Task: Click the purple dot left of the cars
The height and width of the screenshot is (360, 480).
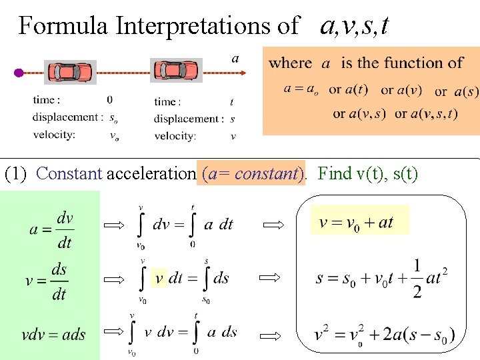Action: tap(19, 73)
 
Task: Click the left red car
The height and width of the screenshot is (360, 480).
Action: tap(70, 72)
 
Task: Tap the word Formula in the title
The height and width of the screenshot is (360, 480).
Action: tap(64, 26)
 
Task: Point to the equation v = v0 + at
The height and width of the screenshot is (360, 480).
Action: tap(356, 223)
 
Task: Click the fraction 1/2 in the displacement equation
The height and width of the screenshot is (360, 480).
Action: tap(417, 279)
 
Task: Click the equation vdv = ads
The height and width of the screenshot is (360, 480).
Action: tap(53, 335)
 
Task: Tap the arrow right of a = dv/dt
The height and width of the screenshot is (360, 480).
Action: tap(114, 226)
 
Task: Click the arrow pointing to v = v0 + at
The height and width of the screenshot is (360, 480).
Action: tap(273, 226)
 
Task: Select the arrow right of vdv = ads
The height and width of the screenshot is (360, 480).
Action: tap(114, 331)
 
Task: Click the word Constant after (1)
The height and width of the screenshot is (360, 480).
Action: tap(69, 174)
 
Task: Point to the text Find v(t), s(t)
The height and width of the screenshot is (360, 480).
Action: tap(368, 174)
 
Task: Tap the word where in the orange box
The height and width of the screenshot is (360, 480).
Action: tap(290, 63)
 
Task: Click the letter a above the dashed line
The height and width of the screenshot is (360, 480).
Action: tap(235, 58)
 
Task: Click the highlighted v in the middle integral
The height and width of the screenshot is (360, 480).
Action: tap(159, 277)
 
